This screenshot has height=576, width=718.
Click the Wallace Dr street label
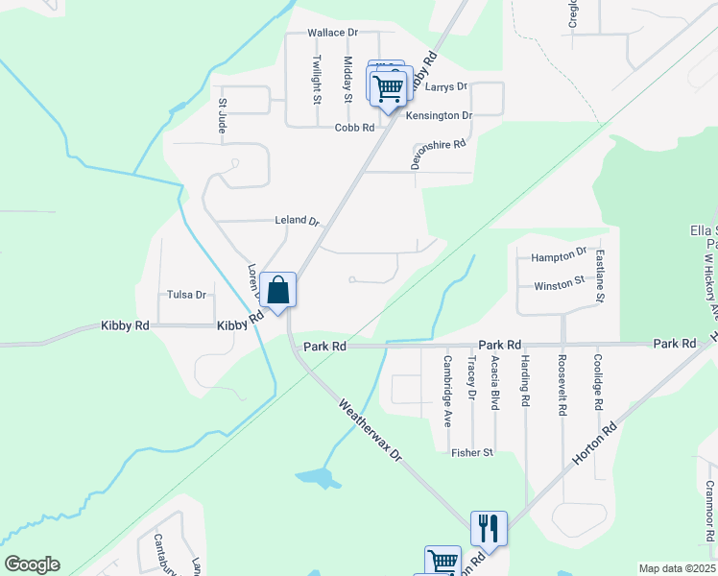pos(332,33)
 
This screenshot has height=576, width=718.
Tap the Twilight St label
pos(317,78)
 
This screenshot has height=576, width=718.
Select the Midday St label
pos(348,78)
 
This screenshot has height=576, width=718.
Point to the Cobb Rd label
pos(354,128)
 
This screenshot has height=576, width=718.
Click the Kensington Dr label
pos(440,116)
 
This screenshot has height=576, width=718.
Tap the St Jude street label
pos(223,114)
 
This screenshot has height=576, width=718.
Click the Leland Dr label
pos(297,221)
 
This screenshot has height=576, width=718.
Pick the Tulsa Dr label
pos(187,295)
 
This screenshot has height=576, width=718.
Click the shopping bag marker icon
pos(277,290)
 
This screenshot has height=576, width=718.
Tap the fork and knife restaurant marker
pos(488,527)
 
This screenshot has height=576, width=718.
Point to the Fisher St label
pos(472,452)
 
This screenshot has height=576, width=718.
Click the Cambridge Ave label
pos(447,391)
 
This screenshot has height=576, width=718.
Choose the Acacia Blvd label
pos(494,381)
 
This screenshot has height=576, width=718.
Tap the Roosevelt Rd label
pos(562,386)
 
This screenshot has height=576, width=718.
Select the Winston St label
pos(560,285)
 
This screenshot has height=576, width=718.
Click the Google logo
pos(32,564)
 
